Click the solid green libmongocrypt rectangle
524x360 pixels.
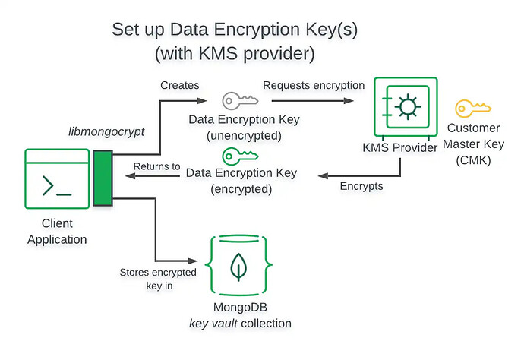[x=103, y=178]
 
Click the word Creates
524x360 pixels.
[x=180, y=85]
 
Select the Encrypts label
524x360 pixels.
[x=361, y=185]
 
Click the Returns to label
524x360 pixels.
[x=156, y=166]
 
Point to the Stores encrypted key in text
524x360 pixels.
[x=159, y=278]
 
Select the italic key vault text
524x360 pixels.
[x=215, y=324]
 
